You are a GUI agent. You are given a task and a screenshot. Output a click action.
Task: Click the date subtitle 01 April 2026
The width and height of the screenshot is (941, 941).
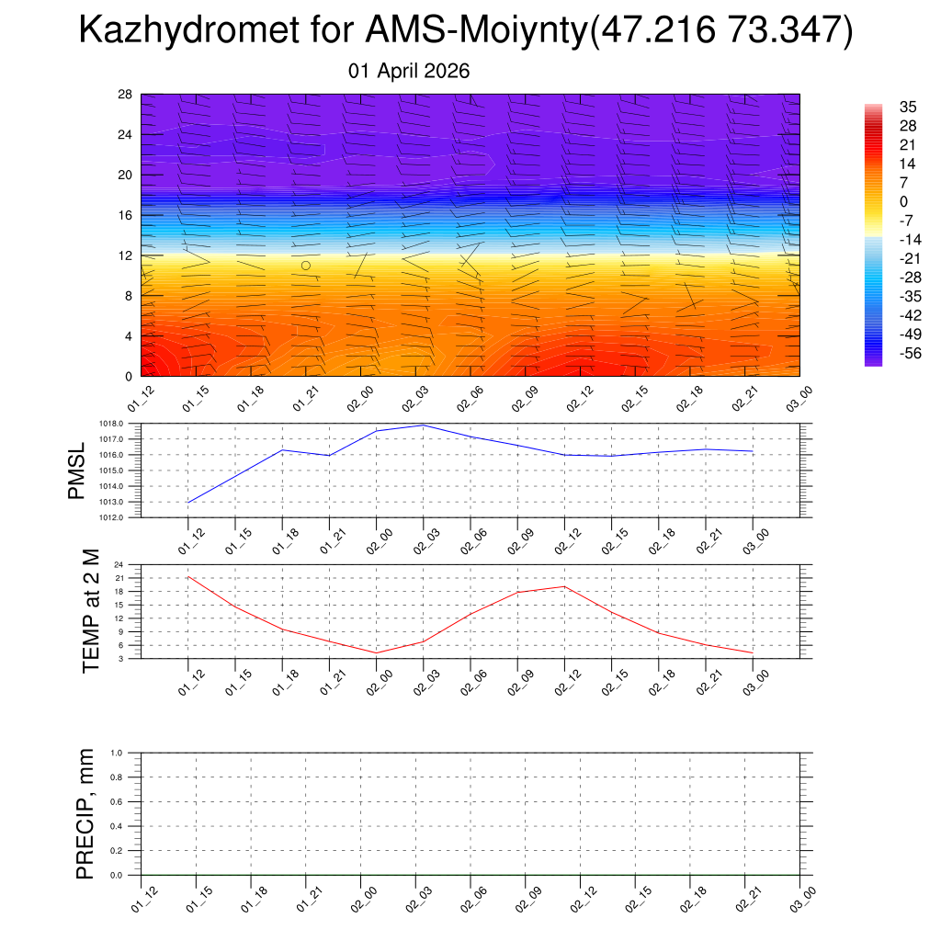pos(409,71)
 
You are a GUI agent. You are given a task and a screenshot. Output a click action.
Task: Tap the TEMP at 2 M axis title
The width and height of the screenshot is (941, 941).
pos(90,610)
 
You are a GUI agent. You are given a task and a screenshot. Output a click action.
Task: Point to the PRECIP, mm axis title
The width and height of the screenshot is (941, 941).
pos(85,814)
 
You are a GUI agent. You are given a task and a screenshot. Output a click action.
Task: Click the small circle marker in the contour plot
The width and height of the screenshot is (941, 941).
pos(306,265)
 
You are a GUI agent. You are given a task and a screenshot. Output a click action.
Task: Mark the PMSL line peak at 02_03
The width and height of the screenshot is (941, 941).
pos(424,425)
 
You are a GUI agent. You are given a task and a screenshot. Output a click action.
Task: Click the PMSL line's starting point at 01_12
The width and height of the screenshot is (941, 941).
pos(188,502)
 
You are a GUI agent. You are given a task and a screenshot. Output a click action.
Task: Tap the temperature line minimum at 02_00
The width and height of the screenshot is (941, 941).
pos(377,652)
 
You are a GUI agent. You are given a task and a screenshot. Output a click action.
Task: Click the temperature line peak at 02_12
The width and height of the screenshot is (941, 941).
pos(565,586)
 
